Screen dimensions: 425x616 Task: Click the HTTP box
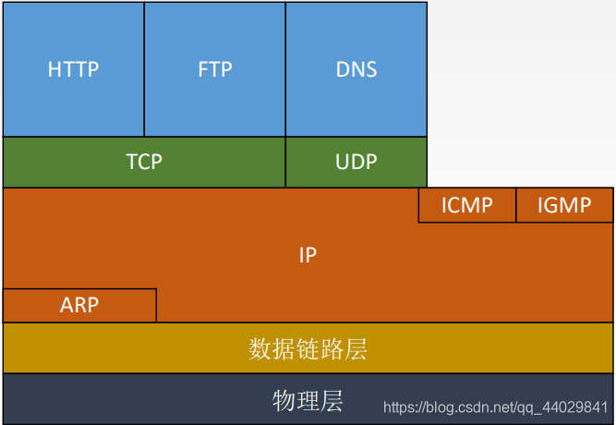[x=73, y=69]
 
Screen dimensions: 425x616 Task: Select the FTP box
[x=214, y=69]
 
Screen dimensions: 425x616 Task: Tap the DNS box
[x=356, y=69]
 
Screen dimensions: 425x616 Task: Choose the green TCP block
[x=144, y=162]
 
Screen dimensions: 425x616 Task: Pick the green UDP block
[x=356, y=162]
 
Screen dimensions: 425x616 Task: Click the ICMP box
[x=466, y=205]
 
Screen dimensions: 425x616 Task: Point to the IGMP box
[x=564, y=205]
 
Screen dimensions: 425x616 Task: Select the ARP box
[x=79, y=305]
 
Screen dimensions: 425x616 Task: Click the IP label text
[x=308, y=255]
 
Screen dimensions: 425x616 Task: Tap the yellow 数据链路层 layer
[x=308, y=348]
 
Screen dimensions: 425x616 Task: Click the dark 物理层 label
[x=308, y=400]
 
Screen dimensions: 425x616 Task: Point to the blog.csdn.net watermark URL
[x=496, y=407]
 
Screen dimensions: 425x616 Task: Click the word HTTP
[x=73, y=69]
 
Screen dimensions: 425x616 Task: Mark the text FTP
[x=214, y=69]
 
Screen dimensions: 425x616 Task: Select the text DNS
[x=356, y=69]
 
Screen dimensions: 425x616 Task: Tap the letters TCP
[x=144, y=162]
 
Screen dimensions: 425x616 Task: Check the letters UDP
[x=356, y=162]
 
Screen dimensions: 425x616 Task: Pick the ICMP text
[x=466, y=205]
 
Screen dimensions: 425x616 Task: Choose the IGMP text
[x=564, y=205]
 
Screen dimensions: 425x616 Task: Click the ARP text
[x=79, y=305]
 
